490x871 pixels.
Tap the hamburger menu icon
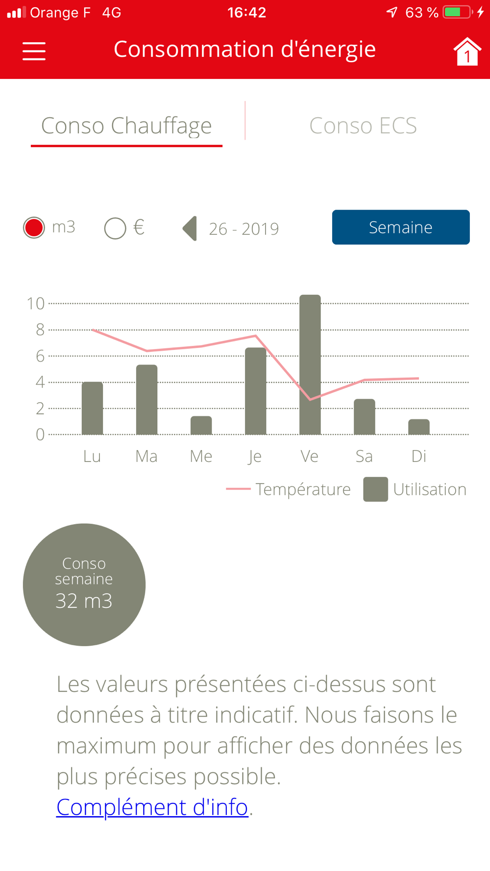pos(34,51)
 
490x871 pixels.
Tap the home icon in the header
pos(466,51)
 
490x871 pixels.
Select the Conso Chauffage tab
pos(126,125)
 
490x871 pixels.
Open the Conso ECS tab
pos(363,125)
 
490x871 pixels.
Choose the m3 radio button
pos(34,228)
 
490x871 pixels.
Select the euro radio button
pos(115,228)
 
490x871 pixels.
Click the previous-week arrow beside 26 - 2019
pos(190,229)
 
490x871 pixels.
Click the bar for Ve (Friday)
pos(310,364)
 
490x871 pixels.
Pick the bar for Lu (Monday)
pos(92,408)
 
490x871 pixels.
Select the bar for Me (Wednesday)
pos(201,425)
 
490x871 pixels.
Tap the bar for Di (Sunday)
pos(419,427)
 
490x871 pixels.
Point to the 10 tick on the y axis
pos(36,304)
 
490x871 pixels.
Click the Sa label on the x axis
pos(364,457)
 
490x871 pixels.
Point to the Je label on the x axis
pos(255,457)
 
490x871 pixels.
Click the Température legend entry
pos(289,489)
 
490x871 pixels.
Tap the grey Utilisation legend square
pos(375,489)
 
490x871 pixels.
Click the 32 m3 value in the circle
pos(84,601)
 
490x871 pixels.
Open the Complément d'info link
pos(152,807)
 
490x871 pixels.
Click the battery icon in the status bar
pos(457,12)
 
